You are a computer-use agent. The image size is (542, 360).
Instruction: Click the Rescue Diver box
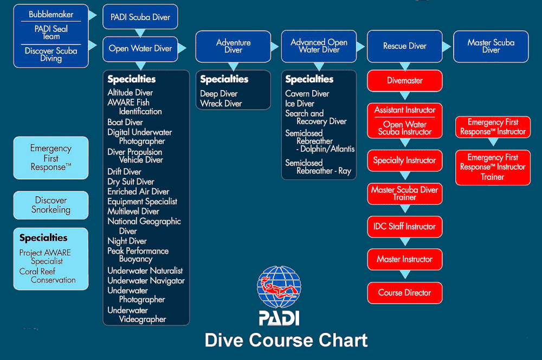pyautogui.click(x=404, y=46)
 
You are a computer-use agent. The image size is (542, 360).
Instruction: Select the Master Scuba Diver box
pyautogui.click(x=491, y=46)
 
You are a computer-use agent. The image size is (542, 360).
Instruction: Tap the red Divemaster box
pyautogui.click(x=404, y=81)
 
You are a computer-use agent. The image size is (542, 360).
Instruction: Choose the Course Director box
pyautogui.click(x=404, y=293)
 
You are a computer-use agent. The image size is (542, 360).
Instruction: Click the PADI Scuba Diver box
pyautogui.click(x=140, y=17)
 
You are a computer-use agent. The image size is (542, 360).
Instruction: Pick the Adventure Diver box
pyautogui.click(x=233, y=46)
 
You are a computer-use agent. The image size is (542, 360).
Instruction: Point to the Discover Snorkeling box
pyautogui.click(x=51, y=205)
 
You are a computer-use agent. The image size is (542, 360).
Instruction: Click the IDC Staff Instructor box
pyautogui.click(x=404, y=227)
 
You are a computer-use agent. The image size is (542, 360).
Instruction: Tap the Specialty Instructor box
pyautogui.click(x=404, y=160)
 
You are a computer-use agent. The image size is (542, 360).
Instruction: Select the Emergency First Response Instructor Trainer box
pyautogui.click(x=493, y=167)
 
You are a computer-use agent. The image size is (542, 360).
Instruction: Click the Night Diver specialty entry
pyautogui.click(x=127, y=241)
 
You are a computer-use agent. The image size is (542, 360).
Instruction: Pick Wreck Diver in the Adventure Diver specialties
pyautogui.click(x=221, y=104)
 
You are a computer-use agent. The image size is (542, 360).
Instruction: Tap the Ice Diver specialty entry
pyautogui.click(x=300, y=104)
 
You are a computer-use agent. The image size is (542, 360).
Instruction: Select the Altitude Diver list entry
pyautogui.click(x=130, y=93)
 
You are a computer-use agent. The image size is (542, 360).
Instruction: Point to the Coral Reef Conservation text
pyautogui.click(x=47, y=275)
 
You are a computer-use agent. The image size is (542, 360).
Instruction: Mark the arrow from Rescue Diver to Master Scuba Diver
pyautogui.click(x=447, y=47)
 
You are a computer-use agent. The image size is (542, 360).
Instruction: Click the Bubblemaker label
pyautogui.click(x=51, y=14)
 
